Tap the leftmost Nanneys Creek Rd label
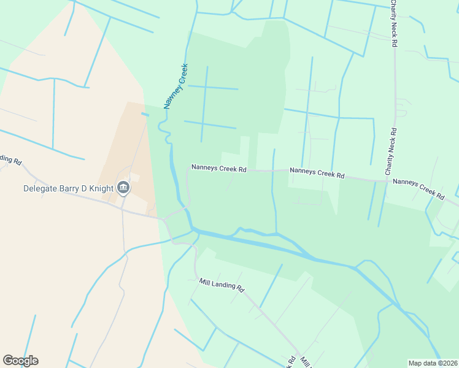218,167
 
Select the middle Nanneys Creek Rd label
317,173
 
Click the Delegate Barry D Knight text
68,188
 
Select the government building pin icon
123,188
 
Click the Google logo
20,361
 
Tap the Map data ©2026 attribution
432,363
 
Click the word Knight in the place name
101,188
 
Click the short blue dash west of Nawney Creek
145,113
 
